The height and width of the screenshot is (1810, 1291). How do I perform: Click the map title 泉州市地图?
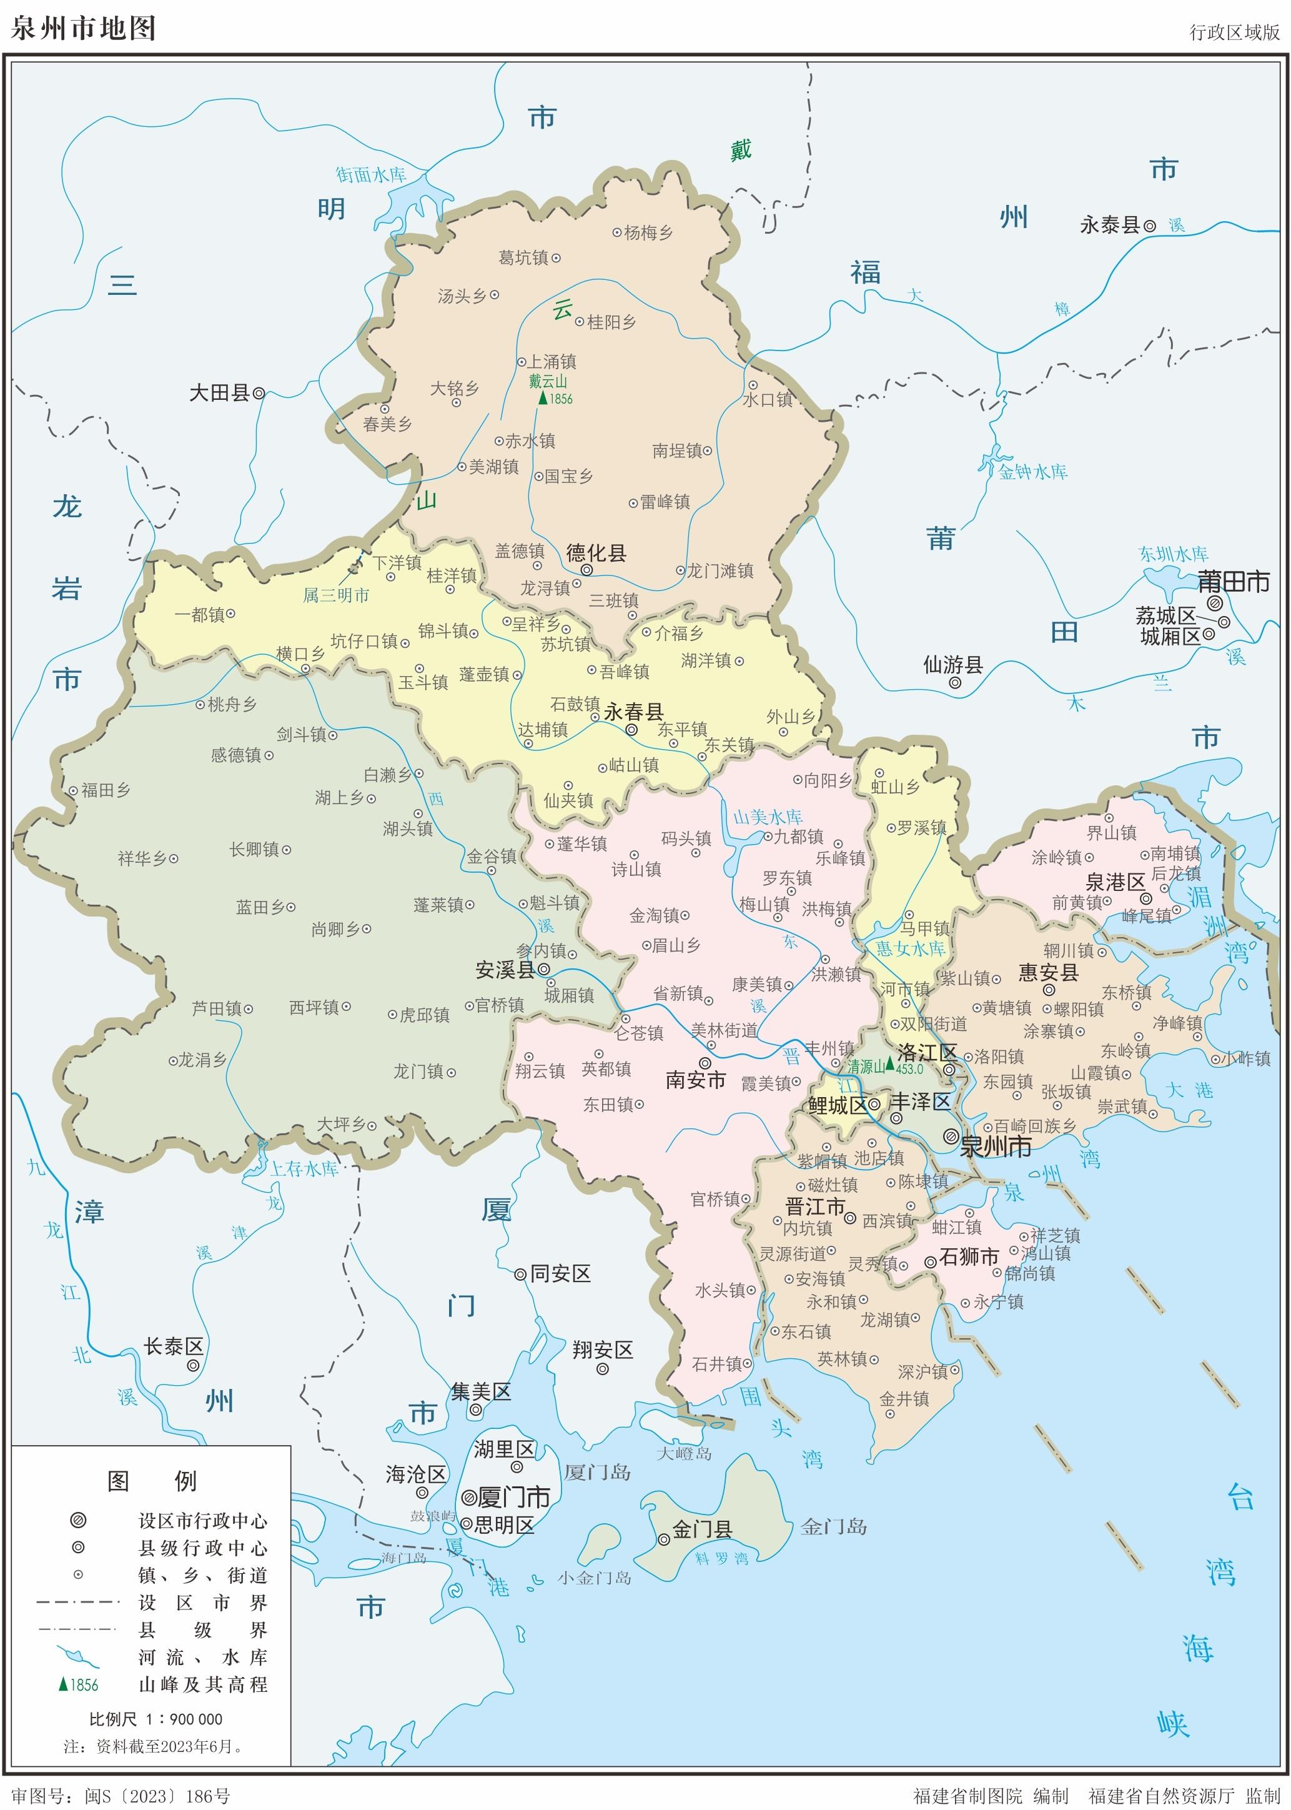coord(82,28)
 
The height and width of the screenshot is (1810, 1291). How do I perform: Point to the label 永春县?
coord(633,711)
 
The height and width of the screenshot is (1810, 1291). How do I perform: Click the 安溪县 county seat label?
coord(505,970)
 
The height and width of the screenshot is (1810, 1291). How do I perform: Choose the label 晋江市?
coord(815,1206)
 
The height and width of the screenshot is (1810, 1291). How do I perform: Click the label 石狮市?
coord(969,1256)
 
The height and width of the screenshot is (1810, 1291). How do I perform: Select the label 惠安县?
coord(1048,972)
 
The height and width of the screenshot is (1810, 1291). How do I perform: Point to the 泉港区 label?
coord(1115,882)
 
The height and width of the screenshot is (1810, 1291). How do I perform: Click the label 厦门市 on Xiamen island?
coord(513,1498)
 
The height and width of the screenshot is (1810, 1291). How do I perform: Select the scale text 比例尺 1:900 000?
coord(156,1719)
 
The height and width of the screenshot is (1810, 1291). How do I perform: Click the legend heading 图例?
coord(151,1481)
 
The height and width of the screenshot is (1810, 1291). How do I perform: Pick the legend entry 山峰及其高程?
coord(203,1684)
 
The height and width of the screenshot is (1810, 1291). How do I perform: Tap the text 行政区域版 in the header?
coord(1234,32)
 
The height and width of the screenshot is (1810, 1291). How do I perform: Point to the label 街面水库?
coord(370,174)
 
